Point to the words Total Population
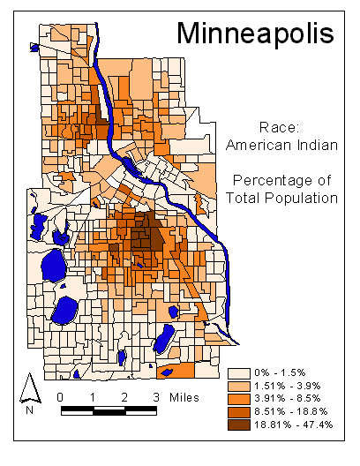(x=283, y=199)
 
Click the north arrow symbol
(x=29, y=387)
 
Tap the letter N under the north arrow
(x=30, y=409)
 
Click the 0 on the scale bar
(x=60, y=396)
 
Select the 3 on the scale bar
(x=156, y=396)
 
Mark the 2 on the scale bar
(x=124, y=396)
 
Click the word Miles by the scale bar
(x=184, y=396)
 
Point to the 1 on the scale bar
(x=93, y=396)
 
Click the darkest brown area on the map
(x=150, y=236)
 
